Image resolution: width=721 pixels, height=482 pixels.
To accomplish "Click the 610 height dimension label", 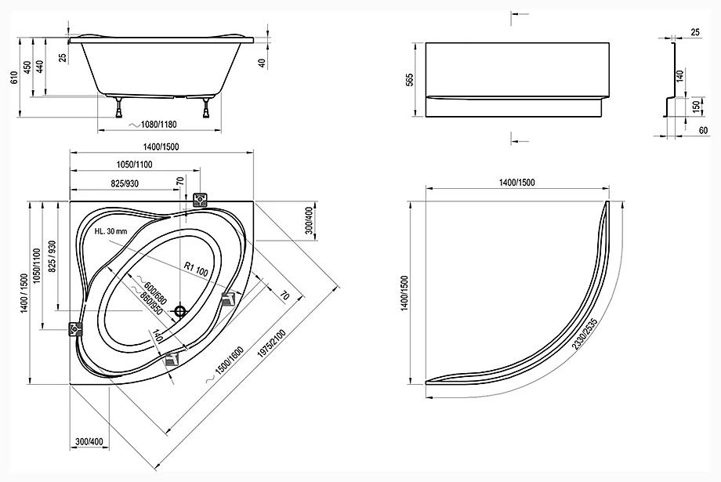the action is click(x=14, y=78).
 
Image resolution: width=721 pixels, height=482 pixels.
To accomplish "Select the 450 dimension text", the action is click(x=27, y=67).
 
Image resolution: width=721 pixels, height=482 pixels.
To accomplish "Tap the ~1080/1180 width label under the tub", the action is click(x=152, y=125).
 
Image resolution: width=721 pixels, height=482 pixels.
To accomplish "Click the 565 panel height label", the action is click(x=410, y=79).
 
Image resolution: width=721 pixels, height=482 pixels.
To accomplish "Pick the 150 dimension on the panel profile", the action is click(x=696, y=107).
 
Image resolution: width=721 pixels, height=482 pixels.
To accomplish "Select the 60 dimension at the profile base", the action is click(x=704, y=131).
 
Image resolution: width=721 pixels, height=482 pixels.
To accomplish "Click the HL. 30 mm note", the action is click(x=111, y=231).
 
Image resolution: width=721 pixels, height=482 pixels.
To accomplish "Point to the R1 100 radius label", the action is click(x=196, y=270).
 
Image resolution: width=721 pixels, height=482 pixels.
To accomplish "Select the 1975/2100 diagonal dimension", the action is click(x=272, y=343).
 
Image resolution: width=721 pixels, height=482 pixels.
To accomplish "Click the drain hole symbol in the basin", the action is click(x=180, y=312).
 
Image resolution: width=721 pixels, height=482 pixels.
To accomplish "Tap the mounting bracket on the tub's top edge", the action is click(x=201, y=200).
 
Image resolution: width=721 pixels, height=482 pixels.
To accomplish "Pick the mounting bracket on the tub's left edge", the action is click(x=75, y=330).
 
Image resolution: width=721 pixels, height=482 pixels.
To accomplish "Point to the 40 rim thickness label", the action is click(x=263, y=63).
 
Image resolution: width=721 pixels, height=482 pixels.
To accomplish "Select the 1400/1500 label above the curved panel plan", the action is click(x=516, y=183).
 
